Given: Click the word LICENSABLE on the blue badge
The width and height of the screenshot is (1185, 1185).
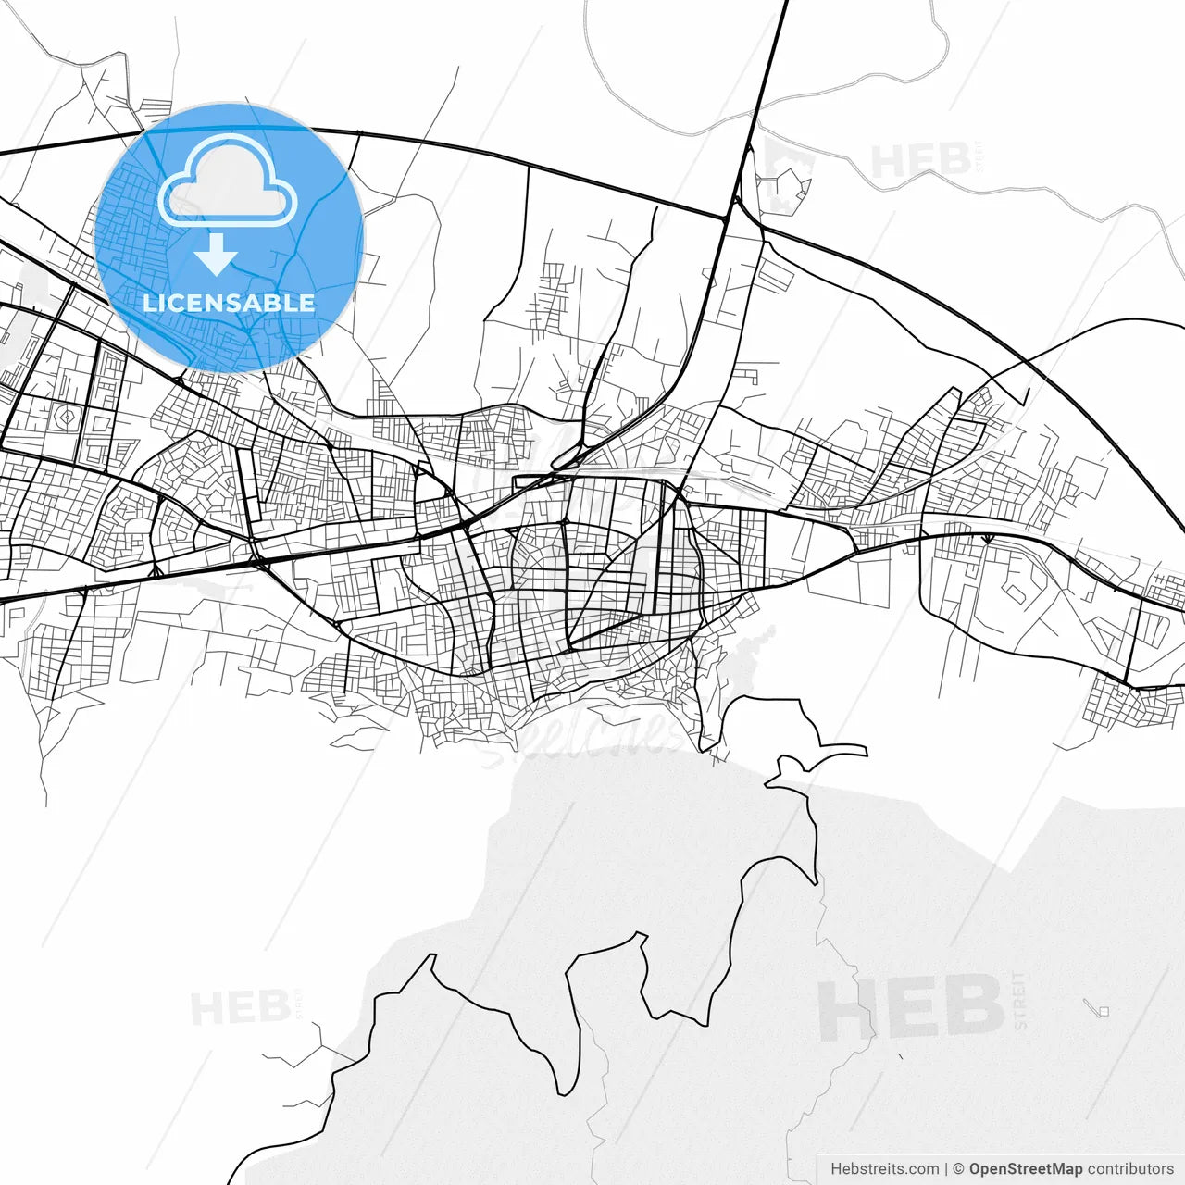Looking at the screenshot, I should point(229,303).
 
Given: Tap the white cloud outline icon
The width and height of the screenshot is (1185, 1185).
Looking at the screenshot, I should point(227,182).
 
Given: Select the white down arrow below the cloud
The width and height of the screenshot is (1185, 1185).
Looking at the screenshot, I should point(217,255).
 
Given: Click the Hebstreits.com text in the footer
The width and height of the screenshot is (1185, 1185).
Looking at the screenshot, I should point(884,1169).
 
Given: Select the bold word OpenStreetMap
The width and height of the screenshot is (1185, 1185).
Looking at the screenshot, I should point(1026,1169).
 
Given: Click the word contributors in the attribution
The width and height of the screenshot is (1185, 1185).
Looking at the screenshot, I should point(1130,1169).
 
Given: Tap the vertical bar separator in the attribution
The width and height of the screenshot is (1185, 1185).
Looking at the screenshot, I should point(945,1169).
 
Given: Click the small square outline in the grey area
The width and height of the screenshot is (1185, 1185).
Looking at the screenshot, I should point(1103,1011).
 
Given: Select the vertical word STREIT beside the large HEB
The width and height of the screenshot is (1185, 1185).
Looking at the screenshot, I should point(1020,1001).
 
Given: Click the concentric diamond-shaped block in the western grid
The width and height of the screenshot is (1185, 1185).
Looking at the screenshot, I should point(67,418).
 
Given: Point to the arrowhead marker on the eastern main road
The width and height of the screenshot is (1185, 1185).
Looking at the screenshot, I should point(988,538).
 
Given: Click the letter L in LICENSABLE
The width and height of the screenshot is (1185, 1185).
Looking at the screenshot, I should point(148,303).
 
